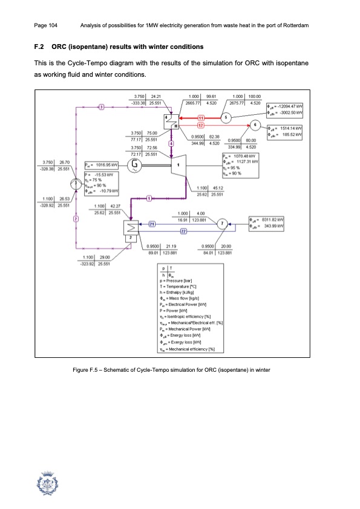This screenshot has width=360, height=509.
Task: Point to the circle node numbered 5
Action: click(226, 117)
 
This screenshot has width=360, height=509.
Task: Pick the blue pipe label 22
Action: click(183, 248)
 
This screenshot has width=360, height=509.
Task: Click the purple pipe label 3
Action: click(102, 107)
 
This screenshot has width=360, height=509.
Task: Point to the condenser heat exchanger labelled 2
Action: click(129, 245)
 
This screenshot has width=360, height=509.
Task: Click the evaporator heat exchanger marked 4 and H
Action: click(172, 121)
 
